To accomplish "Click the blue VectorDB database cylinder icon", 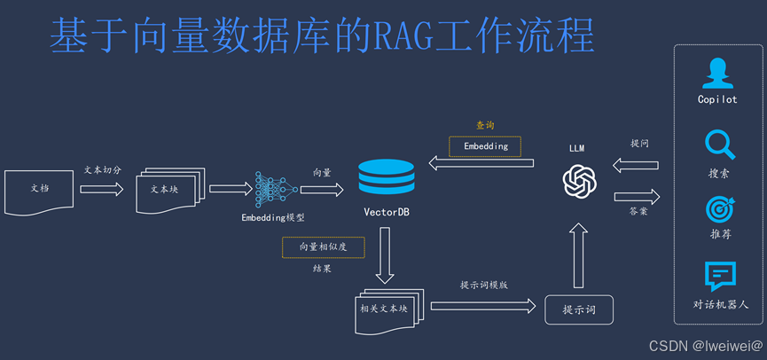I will pos(386,178).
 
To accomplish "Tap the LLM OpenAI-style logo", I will pos(578,183).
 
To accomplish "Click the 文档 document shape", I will pos(39,189).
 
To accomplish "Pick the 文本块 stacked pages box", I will pos(168,190).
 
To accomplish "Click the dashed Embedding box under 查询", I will pos(485,146).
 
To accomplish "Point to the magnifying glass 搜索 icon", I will pos(718,145).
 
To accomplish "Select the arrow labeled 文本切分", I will pos(101,189).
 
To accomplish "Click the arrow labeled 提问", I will pos(637,164).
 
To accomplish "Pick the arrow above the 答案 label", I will pos(637,195).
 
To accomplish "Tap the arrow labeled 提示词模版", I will pos(483,306).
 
